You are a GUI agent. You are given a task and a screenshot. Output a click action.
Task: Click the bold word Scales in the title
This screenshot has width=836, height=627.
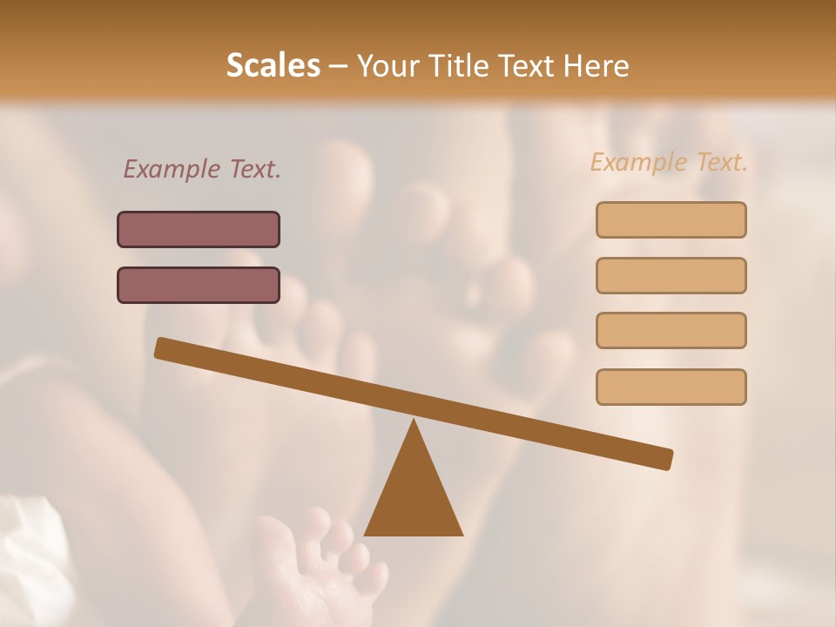[273, 65]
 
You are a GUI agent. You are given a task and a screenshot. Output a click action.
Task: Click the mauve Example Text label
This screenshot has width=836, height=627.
[202, 169]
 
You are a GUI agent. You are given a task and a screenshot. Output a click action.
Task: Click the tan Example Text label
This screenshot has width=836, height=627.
[669, 162]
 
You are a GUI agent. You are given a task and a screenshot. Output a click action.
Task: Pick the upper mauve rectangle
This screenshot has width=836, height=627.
[199, 230]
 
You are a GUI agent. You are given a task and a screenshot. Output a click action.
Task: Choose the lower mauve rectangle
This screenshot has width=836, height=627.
[199, 285]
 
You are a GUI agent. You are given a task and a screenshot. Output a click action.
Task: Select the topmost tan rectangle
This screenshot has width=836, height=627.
[671, 219]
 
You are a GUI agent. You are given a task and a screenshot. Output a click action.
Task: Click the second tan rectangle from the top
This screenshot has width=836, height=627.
[671, 275]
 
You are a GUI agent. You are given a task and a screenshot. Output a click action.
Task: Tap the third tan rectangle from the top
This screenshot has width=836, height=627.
[671, 330]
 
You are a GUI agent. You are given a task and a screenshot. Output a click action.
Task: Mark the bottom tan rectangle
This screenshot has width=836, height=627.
[671, 387]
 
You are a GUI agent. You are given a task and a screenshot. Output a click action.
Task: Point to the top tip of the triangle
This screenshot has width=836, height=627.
[414, 421]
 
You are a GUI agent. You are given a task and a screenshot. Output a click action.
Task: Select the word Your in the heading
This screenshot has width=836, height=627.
[387, 65]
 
